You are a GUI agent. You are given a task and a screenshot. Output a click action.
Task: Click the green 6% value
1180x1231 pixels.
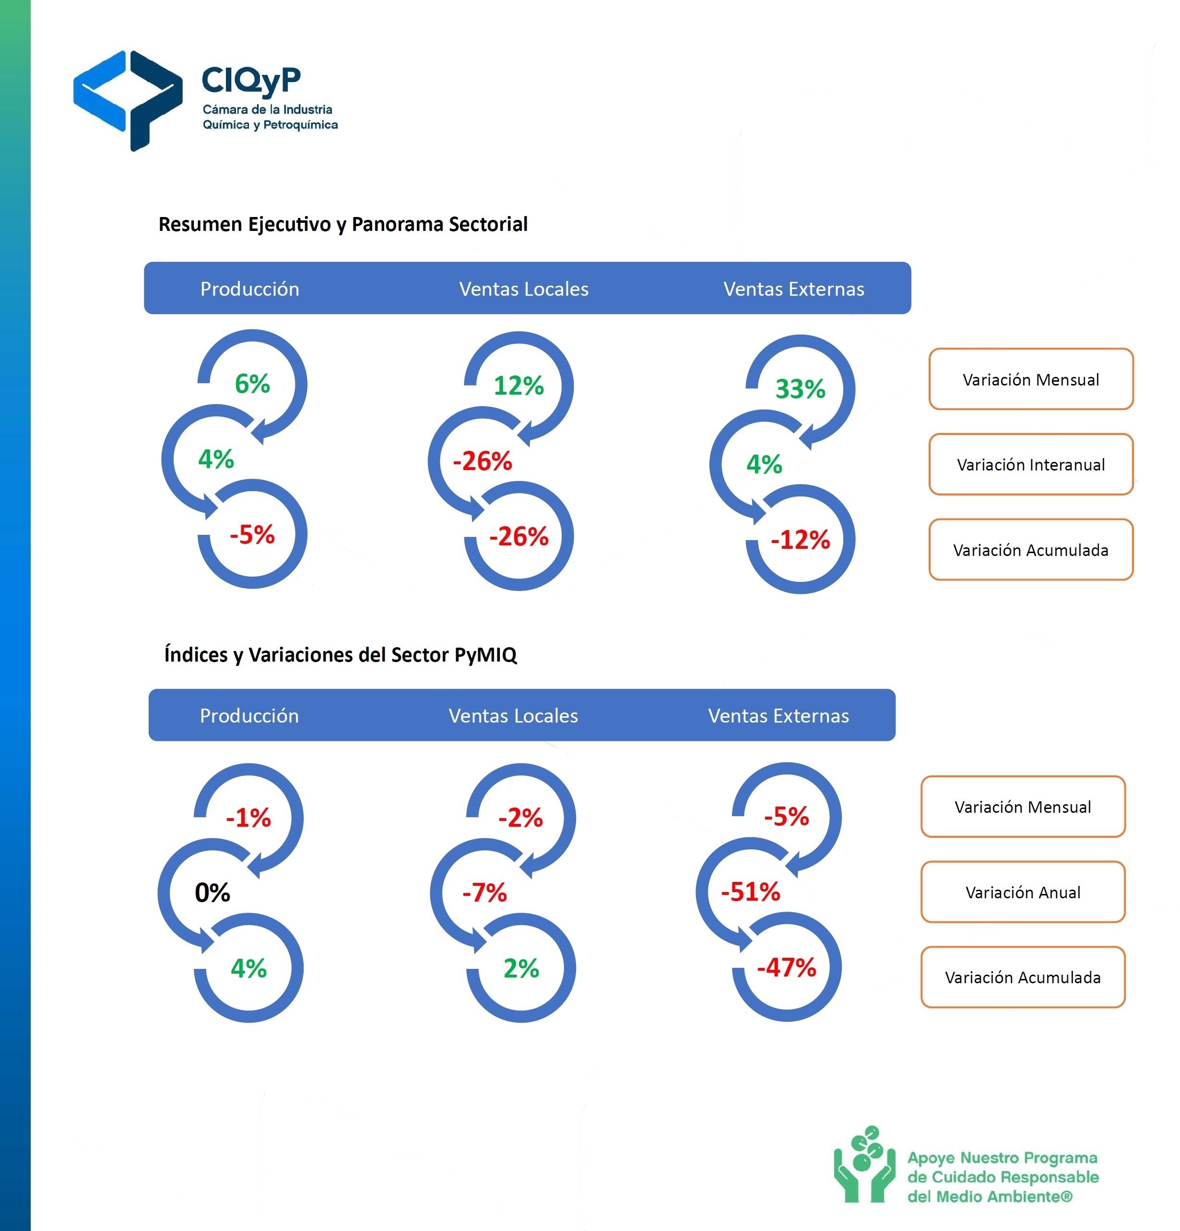(252, 384)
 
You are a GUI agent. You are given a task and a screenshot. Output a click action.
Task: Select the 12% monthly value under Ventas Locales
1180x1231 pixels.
(519, 386)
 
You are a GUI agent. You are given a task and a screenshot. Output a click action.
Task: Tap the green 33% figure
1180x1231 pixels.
(800, 389)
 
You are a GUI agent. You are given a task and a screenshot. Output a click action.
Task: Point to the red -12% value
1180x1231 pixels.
(800, 540)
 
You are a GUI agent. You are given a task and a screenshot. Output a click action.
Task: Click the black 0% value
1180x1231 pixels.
(212, 893)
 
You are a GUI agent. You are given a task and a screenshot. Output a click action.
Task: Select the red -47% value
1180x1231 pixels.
(787, 967)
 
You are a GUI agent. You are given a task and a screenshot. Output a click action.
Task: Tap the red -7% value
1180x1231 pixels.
(484, 893)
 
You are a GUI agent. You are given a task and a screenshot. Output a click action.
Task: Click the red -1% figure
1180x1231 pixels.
(248, 818)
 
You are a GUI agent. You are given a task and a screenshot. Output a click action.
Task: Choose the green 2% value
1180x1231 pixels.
(521, 968)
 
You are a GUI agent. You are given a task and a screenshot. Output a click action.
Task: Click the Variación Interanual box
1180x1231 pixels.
(1031, 464)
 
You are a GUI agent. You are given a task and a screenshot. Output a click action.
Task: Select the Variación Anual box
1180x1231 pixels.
(1023, 892)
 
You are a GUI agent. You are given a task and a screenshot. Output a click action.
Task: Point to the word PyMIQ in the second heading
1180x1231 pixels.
(486, 655)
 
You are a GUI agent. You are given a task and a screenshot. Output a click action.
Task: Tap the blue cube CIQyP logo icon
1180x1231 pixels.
(128, 100)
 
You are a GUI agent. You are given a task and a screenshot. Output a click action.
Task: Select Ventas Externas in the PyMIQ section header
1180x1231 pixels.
(779, 716)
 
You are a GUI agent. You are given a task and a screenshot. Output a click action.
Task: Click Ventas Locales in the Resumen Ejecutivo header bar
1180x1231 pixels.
(523, 289)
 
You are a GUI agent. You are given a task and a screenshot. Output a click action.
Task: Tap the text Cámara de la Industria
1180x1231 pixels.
(267, 109)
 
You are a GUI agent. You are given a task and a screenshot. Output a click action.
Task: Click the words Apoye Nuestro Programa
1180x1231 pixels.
(1003, 1158)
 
